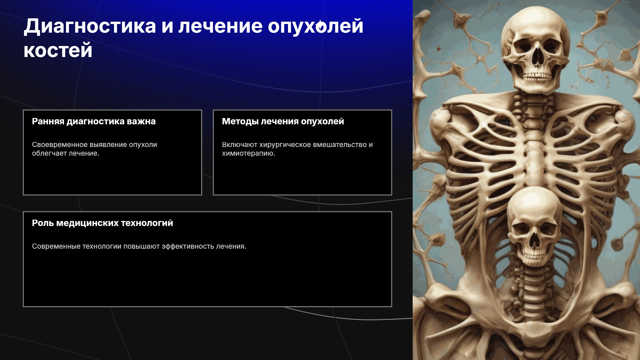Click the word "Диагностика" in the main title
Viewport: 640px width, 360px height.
coord(90,27)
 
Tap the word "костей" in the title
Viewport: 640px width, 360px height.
coord(58,50)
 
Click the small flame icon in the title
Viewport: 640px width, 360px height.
coord(321,26)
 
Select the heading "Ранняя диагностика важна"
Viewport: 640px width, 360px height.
coord(94,121)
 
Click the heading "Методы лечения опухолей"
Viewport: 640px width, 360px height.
coord(283,121)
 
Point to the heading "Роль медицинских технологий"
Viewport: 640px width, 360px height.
coord(102,223)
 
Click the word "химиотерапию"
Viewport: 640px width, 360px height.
coord(249,153)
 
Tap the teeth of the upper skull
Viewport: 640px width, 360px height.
coord(537,77)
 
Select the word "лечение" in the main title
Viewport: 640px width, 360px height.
coord(221,27)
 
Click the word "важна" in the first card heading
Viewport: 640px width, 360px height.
coord(141,121)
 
